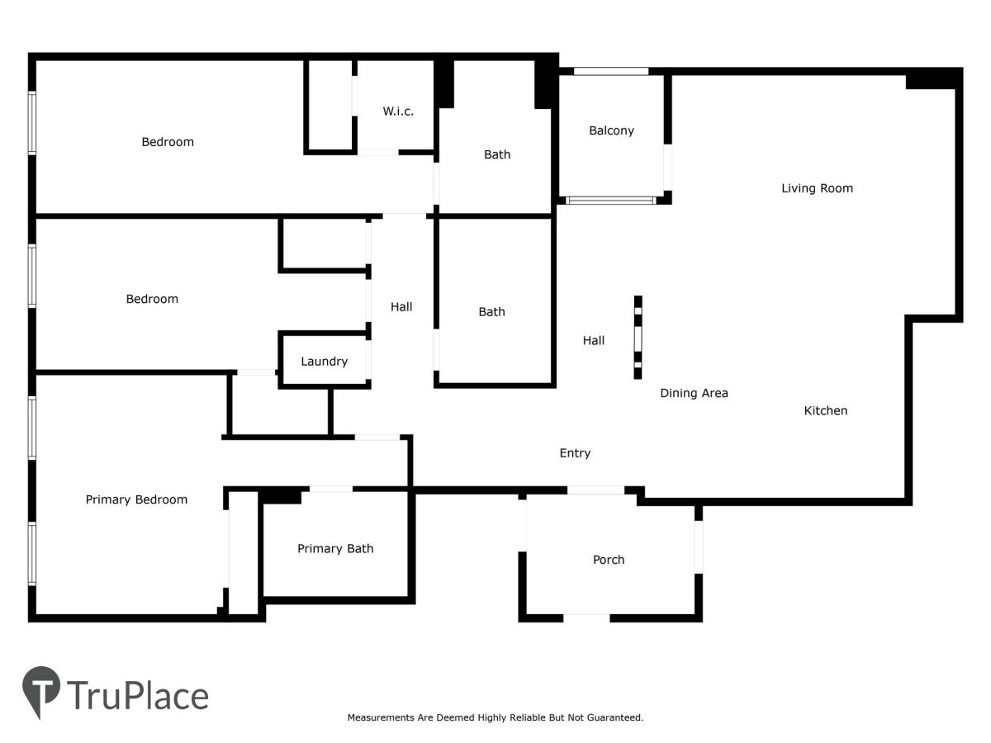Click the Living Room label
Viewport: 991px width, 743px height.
point(817,188)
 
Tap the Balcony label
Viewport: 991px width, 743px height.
point(611,130)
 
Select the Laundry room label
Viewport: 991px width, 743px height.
point(325,362)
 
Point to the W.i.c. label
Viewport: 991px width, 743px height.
point(398,111)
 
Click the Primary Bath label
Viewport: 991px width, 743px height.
point(335,548)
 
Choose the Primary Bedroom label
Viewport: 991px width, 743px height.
point(136,499)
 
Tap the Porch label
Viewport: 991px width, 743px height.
point(608,560)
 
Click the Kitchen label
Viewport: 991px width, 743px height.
point(825,410)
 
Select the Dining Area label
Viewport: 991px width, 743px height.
point(694,393)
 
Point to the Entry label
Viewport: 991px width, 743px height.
point(575,453)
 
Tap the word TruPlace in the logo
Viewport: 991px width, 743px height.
point(138,695)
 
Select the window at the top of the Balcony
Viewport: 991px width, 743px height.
point(611,71)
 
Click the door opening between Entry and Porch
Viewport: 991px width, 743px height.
point(595,490)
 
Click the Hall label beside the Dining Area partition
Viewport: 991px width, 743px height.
point(593,341)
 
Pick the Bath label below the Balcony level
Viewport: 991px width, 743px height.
point(491,312)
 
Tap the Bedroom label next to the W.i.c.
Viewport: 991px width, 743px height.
point(168,142)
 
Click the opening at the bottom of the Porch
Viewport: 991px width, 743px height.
point(586,618)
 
